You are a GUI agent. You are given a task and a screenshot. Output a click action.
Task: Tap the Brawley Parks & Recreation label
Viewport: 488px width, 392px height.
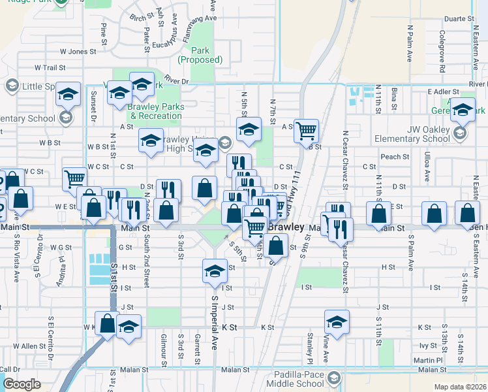pyautogui.click(x=155, y=111)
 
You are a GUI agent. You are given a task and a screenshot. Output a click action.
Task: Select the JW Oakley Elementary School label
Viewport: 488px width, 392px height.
pyautogui.click(x=412, y=139)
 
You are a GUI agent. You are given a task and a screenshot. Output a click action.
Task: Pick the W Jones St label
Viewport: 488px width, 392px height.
pyautogui.click(x=78, y=50)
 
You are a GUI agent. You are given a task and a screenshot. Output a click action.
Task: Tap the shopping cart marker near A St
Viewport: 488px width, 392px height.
pyautogui.click(x=305, y=131)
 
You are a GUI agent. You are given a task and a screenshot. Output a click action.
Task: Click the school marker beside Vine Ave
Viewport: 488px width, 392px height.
pyautogui.click(x=337, y=322)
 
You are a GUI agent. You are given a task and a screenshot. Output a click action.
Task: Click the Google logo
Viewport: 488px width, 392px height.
pyautogui.click(x=22, y=384)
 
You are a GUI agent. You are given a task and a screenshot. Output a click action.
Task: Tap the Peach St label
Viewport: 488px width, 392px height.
pyautogui.click(x=394, y=157)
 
